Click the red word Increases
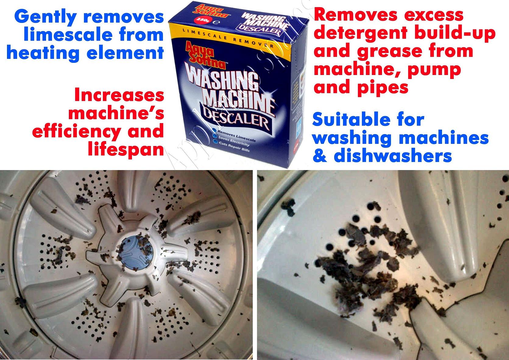[119, 95]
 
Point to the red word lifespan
[126, 149]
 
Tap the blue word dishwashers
[393, 156]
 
